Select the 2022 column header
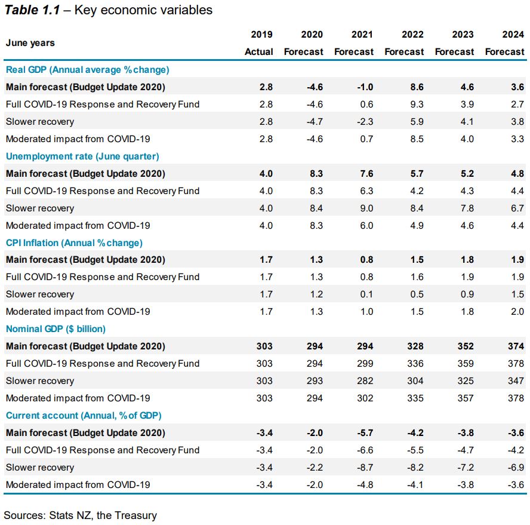413,35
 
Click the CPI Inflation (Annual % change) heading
74,243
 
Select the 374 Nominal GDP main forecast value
516,346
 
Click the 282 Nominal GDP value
365,381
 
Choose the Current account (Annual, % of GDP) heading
84,416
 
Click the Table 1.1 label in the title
32,10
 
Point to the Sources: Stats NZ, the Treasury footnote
80,515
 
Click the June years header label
30,43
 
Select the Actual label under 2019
259,52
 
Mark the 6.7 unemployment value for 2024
517,208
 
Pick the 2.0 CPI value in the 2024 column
517,312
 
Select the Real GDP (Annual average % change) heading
87,70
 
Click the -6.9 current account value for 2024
516,468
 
